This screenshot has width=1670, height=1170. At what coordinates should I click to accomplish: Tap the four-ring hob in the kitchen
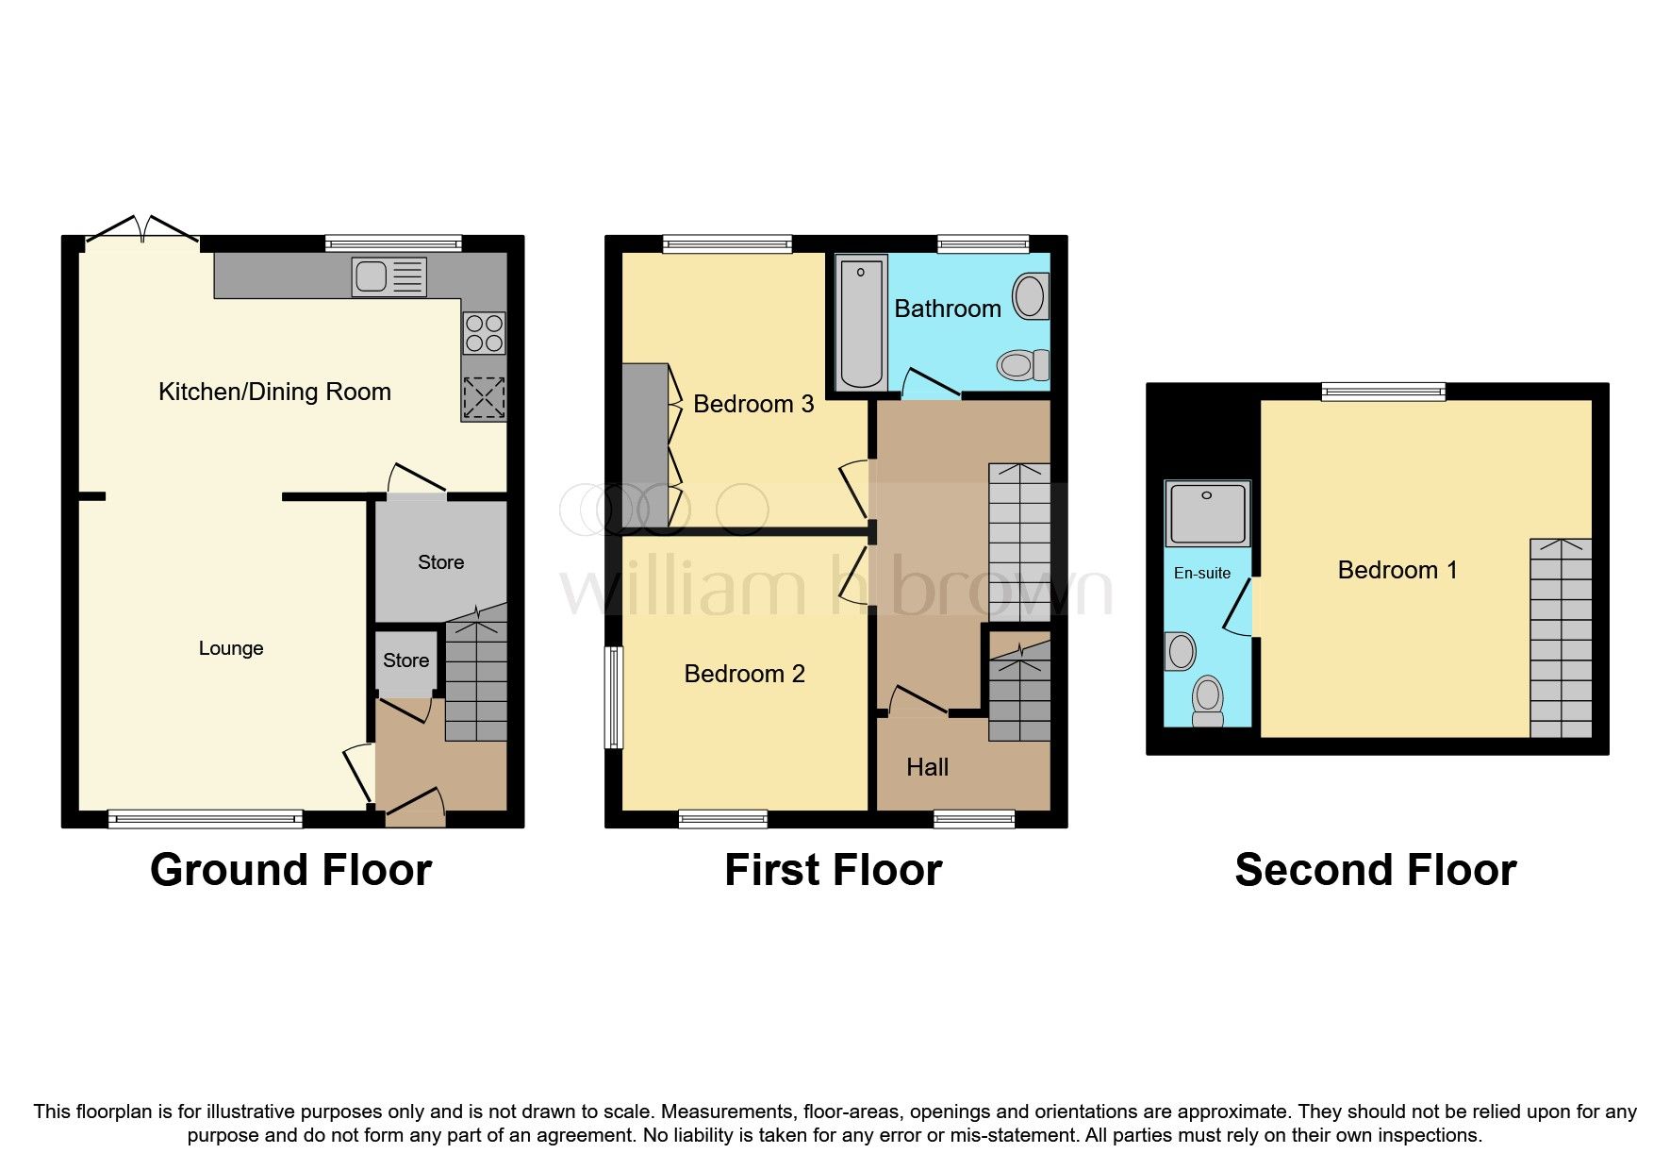[485, 333]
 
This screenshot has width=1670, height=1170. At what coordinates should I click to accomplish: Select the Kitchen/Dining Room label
[274, 392]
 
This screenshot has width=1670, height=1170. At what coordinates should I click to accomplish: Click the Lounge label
[231, 648]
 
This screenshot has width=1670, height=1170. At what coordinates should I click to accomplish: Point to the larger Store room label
[440, 562]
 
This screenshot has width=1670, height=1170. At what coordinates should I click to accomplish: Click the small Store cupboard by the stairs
[405, 660]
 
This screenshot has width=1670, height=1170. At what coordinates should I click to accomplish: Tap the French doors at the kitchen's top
[142, 232]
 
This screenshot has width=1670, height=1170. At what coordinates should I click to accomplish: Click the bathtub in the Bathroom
[861, 324]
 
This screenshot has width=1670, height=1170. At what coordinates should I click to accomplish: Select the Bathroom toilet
[1022, 364]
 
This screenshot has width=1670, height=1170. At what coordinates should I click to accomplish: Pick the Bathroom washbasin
[1030, 296]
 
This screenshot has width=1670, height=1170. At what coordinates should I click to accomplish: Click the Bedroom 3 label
[752, 404]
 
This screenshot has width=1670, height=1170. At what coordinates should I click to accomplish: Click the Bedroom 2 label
[744, 674]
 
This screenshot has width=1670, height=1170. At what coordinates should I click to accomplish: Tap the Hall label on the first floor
[927, 767]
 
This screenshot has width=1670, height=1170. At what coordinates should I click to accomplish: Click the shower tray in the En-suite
[1207, 513]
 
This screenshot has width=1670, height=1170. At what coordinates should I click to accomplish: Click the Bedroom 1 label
[1397, 570]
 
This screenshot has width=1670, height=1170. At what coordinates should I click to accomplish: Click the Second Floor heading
[1375, 870]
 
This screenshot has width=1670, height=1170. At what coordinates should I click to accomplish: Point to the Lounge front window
[205, 819]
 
